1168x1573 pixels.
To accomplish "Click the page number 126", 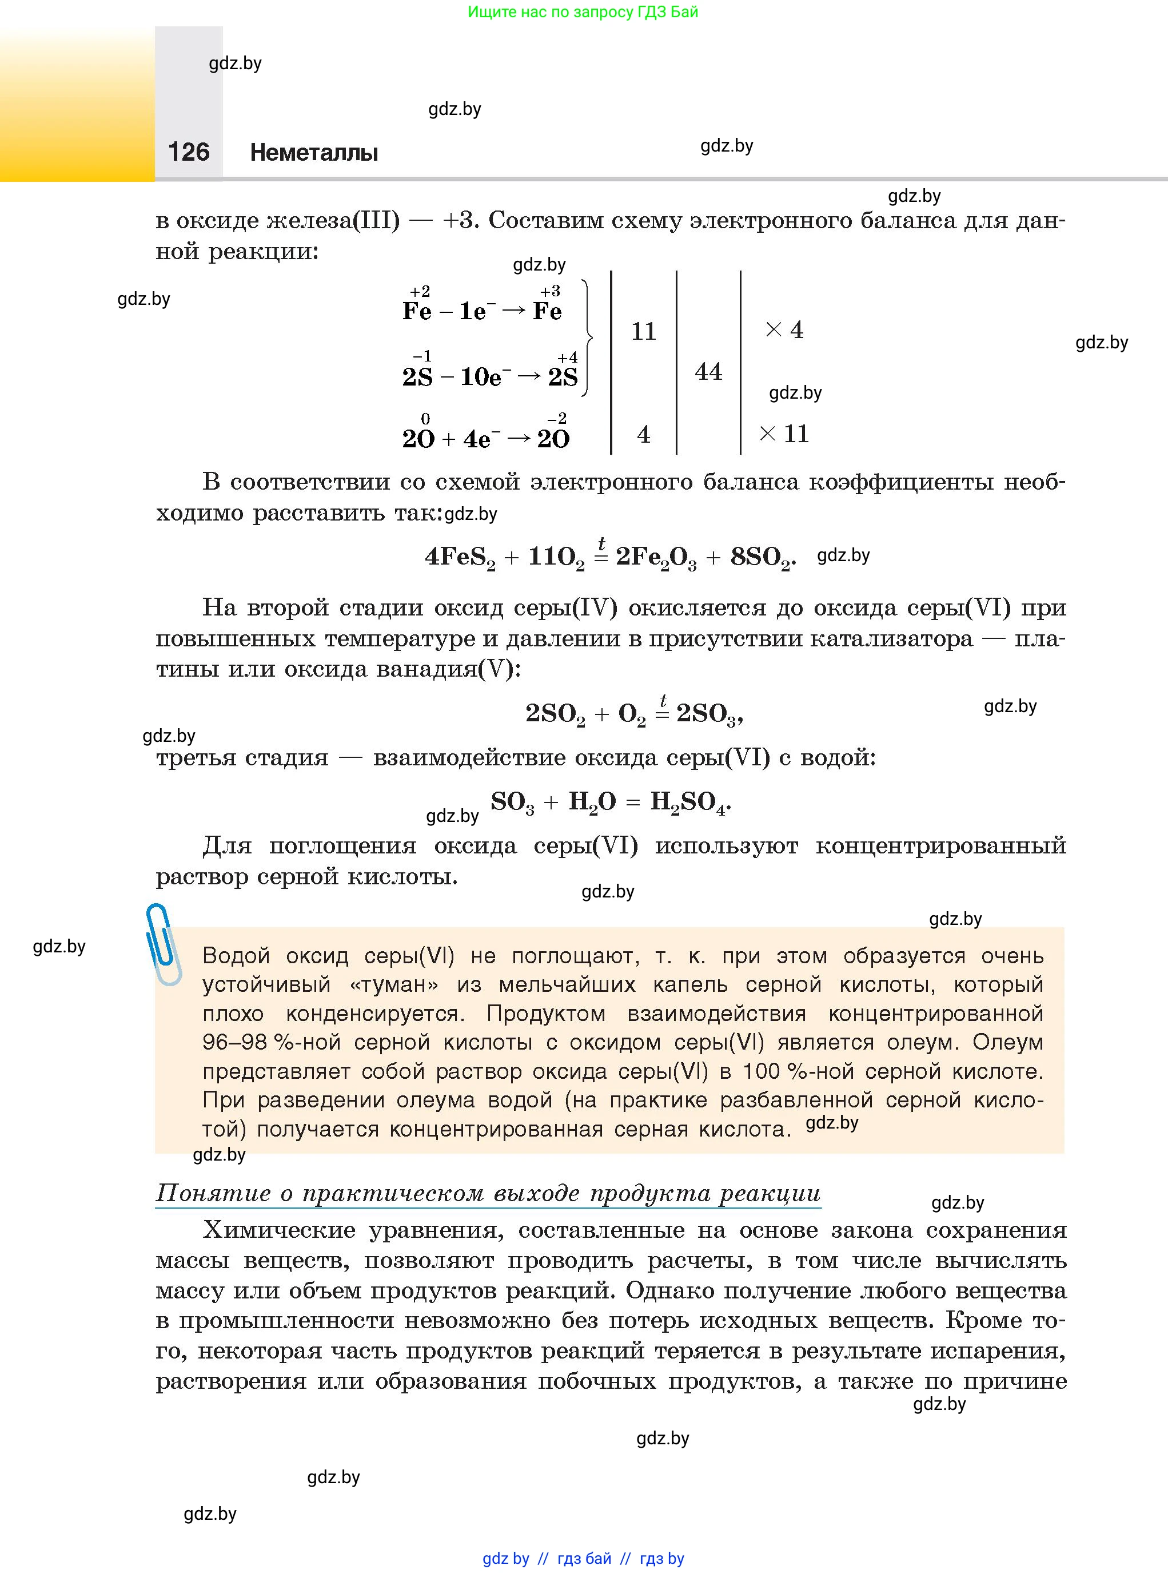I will (189, 152).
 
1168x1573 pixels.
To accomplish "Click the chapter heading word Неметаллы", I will (314, 152).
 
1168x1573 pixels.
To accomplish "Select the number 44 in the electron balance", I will (708, 371).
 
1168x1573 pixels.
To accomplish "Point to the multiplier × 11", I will (784, 434).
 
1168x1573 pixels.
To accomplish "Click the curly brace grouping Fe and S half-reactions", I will (587, 338).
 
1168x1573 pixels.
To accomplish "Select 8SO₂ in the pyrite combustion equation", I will (761, 557).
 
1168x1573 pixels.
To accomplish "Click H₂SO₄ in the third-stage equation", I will (689, 802).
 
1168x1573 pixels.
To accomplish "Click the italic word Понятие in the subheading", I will (213, 1193).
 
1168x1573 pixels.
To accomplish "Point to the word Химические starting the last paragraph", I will (279, 1230).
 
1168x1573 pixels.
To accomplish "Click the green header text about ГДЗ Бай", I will (583, 12).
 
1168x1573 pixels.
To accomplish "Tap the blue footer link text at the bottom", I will (583, 1558).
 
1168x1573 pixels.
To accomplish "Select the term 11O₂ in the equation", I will (556, 557).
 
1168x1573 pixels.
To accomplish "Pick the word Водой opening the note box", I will (236, 956).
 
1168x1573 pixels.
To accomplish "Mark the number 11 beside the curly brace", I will (643, 331).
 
